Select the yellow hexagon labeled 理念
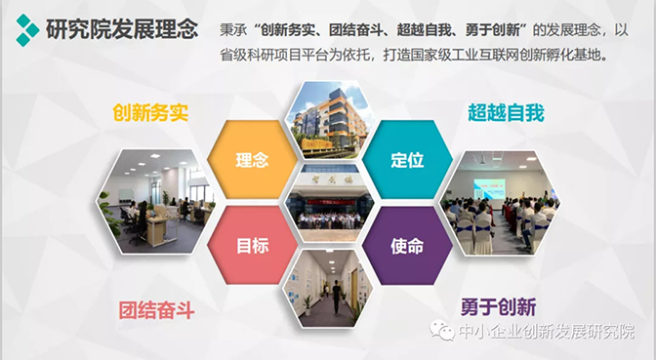pos(252,159)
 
